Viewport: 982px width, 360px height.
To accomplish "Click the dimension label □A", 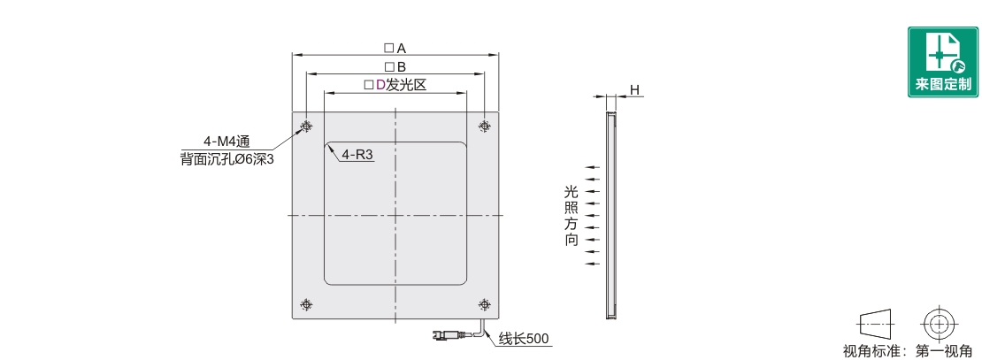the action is pos(395,49).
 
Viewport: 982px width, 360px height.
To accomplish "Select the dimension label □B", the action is pos(395,67).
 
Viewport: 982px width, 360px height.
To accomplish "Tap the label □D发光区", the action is pos(395,85).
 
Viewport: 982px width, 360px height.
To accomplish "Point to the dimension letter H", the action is pos(634,90).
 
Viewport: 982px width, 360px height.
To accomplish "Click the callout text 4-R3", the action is pos(357,155).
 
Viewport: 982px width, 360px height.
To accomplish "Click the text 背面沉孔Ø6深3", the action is pos(227,159).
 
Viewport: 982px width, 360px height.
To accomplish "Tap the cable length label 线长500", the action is pos(524,340).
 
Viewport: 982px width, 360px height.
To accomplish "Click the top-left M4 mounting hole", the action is pos(306,126).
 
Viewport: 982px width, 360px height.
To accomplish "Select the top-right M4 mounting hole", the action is pos(484,126).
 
